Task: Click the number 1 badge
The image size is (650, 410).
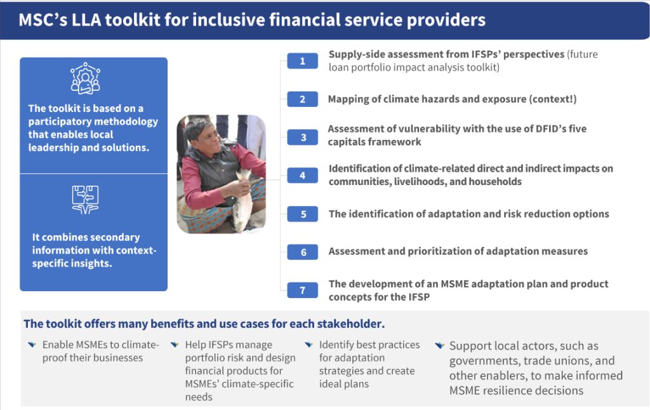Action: pos(303,61)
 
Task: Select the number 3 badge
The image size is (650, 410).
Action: pos(303,137)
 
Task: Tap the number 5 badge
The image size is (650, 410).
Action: pos(303,214)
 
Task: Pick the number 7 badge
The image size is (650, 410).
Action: pos(303,290)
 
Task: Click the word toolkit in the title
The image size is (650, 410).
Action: pos(133,20)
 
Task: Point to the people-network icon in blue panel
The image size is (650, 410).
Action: pos(86,78)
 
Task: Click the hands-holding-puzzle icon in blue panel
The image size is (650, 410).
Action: pos(86,200)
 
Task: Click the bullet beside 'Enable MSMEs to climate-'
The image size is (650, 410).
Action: pos(32,345)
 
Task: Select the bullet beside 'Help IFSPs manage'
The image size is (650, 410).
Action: pos(175,345)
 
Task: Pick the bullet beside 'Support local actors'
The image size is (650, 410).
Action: pos(439,345)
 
